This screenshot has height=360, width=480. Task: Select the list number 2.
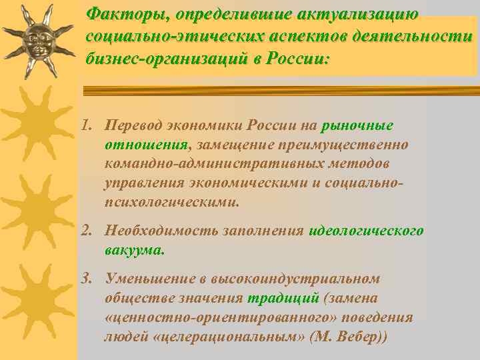tap(85, 231)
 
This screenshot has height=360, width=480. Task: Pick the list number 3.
tap(85, 279)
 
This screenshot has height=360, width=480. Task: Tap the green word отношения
tap(146, 145)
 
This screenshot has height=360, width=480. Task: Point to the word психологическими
tap(171, 201)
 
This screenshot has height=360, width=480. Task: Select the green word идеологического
tap(366, 231)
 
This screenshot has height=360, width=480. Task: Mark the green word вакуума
tap(133, 251)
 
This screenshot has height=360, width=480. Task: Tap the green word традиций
tap(276, 298)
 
